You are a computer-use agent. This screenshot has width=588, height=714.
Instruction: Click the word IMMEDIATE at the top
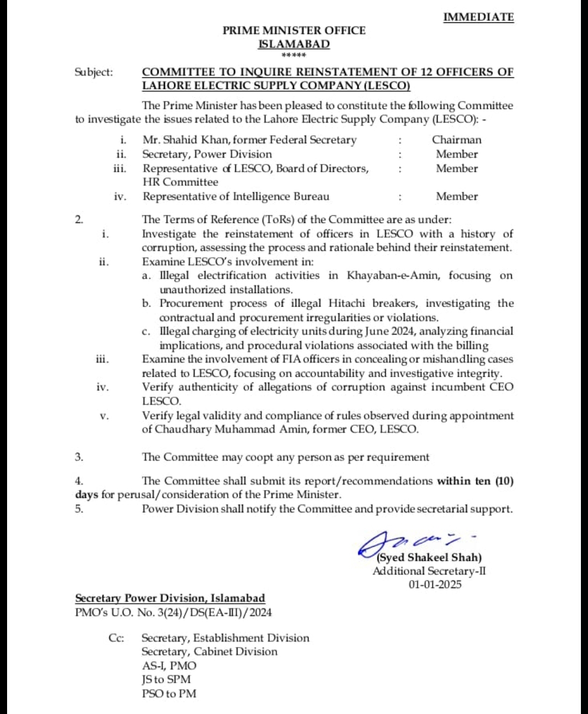tap(478, 17)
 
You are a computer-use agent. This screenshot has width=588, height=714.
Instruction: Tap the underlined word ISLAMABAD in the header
tap(294, 44)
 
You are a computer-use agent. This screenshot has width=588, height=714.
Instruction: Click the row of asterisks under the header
tap(294, 56)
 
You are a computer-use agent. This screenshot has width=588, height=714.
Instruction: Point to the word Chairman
tap(457, 140)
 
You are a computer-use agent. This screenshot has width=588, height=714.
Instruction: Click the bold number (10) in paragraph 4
tap(504, 481)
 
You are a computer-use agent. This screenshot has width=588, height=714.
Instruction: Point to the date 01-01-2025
tap(434, 585)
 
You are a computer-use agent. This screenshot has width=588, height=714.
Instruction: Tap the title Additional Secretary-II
tap(429, 571)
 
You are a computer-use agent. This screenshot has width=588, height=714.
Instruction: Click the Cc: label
tap(116, 638)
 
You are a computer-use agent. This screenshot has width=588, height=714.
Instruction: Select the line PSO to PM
tap(169, 693)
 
